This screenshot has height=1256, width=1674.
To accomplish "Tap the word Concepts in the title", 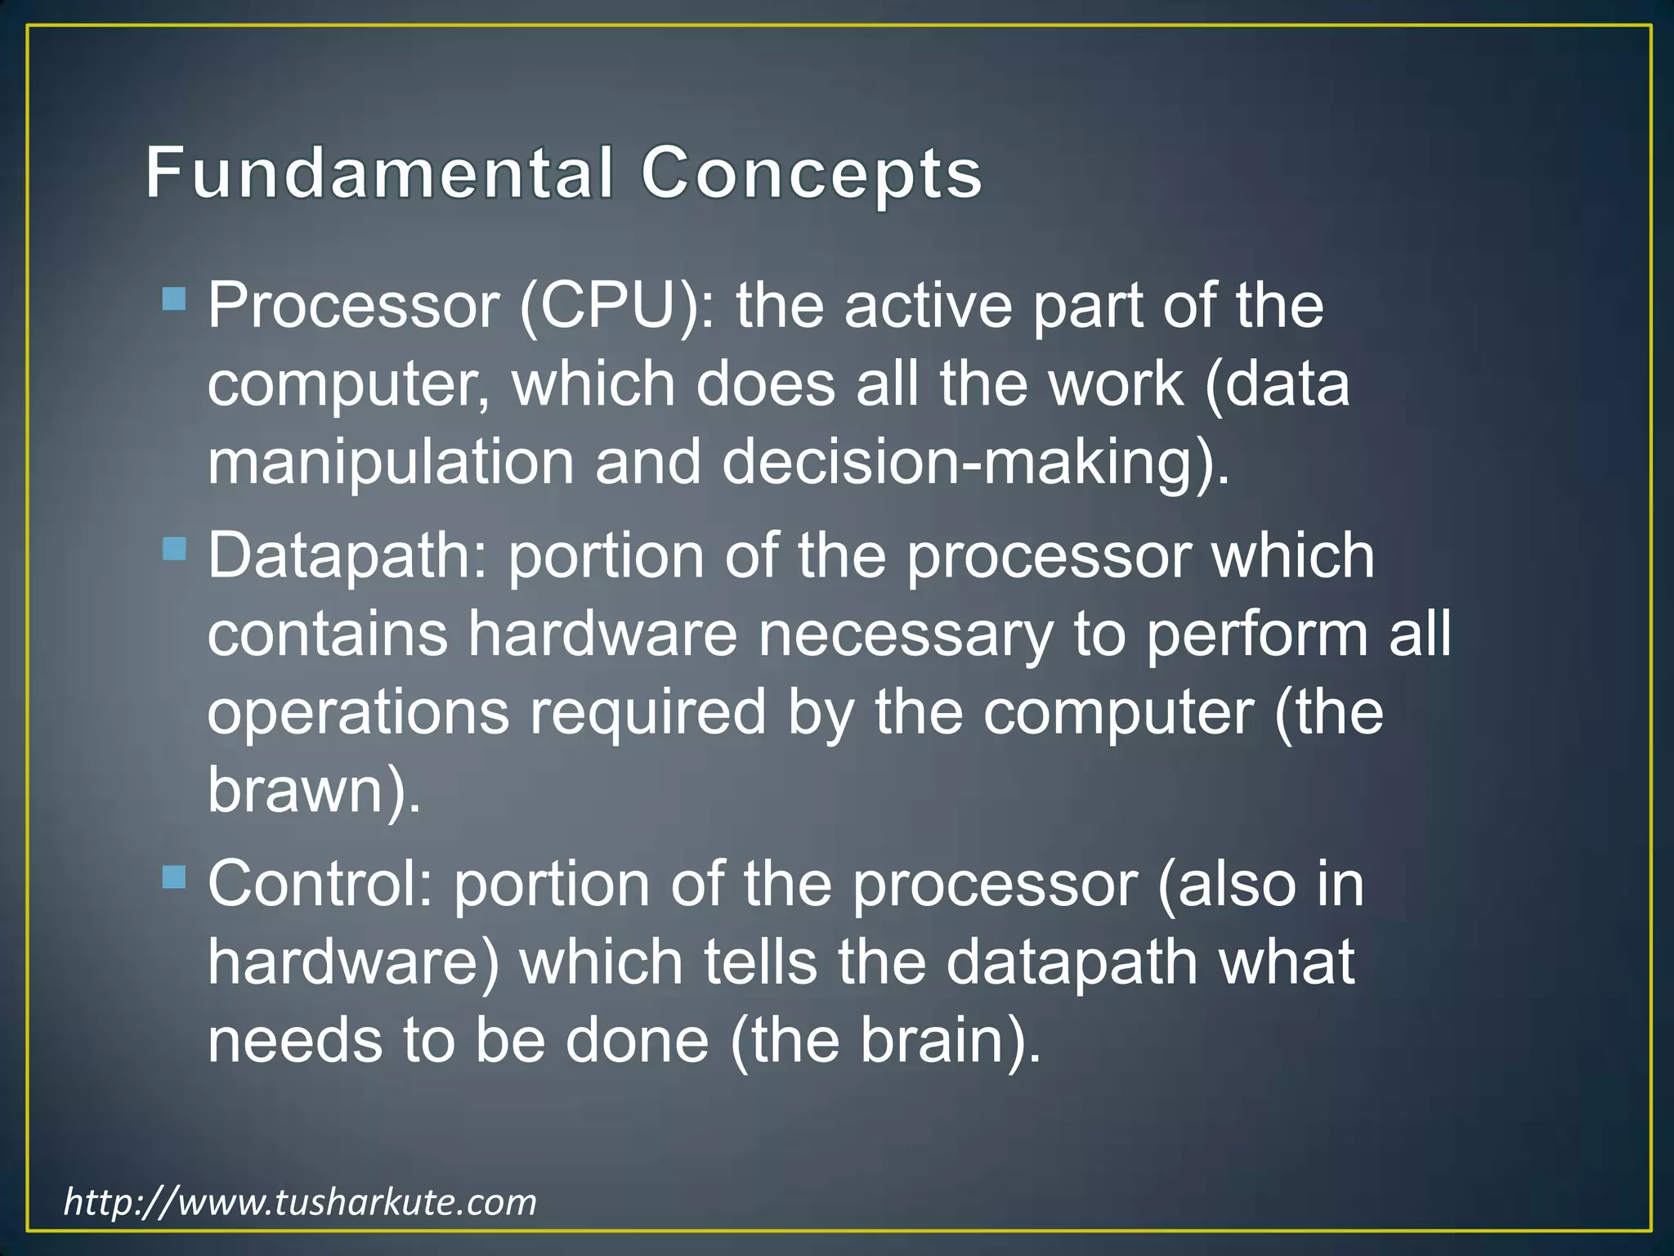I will [x=811, y=173].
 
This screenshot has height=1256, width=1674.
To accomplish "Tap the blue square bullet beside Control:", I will [x=174, y=877].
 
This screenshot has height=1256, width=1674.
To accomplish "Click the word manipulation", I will [x=391, y=463].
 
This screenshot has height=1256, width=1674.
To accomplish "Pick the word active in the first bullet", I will [x=929, y=306].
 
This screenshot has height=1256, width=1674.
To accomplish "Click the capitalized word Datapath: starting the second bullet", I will [x=347, y=556].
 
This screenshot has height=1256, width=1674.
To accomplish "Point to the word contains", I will [x=327, y=635].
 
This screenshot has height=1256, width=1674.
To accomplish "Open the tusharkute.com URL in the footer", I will [x=300, y=1202].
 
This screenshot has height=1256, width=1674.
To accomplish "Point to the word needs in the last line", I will [x=295, y=1042].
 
